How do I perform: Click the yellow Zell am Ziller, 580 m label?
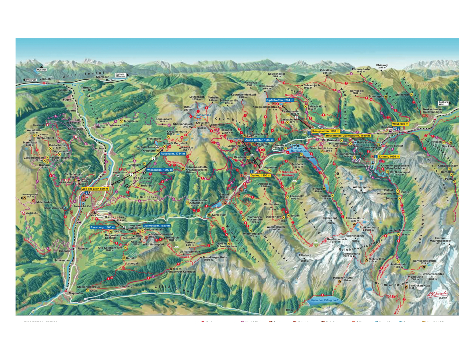95,189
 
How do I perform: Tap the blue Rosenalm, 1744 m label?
173,154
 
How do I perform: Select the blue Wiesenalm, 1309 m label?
158,170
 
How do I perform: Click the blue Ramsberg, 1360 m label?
102,227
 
